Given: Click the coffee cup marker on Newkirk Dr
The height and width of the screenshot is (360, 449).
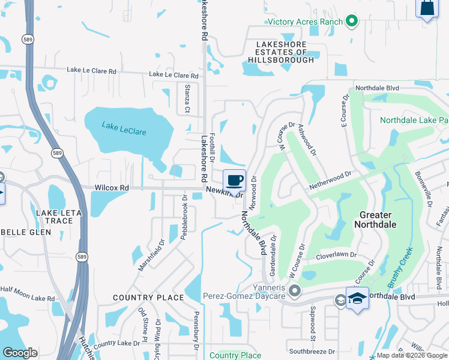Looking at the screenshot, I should pos(235,180).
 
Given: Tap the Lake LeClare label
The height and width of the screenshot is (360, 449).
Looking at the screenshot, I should pos(124,128).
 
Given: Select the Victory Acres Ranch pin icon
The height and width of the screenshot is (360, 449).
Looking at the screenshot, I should pos(352,22).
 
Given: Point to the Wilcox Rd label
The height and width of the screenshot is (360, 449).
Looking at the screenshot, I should pos(112,188).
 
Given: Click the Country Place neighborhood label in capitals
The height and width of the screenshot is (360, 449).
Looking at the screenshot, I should pos(148,298).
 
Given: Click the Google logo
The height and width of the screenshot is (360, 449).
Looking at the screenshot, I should pos(20,353).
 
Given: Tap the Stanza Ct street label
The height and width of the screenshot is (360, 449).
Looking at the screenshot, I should pos(187,101).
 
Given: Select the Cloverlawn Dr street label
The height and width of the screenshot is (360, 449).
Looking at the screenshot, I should pos(336,255).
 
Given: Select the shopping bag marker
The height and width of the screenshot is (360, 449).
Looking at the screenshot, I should pos(427,8).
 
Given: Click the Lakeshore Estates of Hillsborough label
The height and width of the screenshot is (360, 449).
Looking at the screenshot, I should pos(281,52).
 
